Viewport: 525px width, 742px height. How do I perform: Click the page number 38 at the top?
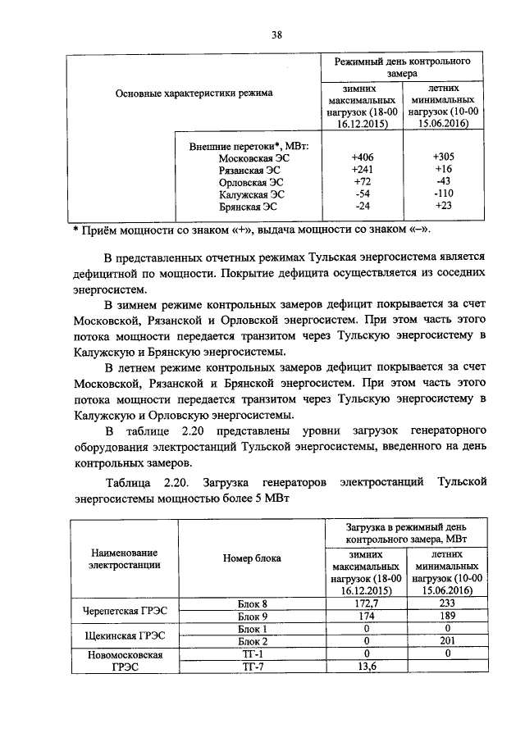(x=276, y=34)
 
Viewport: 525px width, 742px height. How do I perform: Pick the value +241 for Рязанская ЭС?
(x=362, y=170)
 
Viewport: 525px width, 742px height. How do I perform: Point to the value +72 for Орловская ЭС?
(x=362, y=181)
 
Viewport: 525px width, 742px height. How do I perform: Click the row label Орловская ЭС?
(x=252, y=181)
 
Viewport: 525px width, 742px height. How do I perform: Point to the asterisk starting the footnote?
(x=75, y=228)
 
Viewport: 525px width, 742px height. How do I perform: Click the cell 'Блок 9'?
(x=253, y=615)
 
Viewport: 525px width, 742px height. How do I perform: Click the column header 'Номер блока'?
(x=252, y=558)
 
